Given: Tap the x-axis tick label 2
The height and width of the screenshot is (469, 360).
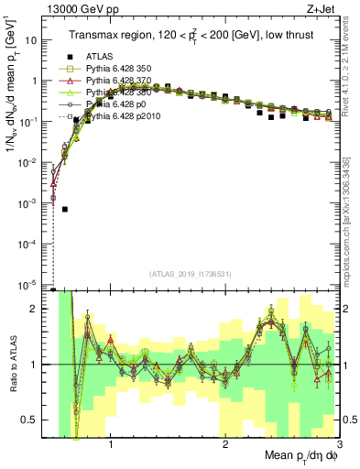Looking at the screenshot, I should tap(225, 444).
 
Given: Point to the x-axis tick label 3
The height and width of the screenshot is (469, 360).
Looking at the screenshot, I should tap(338, 444).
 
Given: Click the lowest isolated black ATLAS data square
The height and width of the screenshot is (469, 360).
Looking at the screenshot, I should tap(65, 209).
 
